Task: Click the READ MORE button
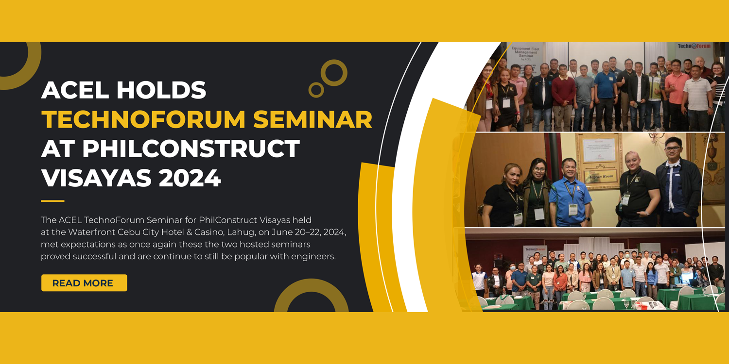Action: [84, 283]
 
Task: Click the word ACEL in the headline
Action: [75, 90]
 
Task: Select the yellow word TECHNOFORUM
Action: [143, 119]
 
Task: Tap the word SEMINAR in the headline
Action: [313, 119]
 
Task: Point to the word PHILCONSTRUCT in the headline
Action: [191, 149]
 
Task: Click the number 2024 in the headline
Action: [190, 178]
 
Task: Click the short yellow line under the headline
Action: [52, 201]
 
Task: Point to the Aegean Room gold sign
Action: [601, 177]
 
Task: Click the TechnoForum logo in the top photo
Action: [694, 46]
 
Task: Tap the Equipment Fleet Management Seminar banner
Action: [525, 54]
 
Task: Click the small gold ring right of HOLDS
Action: [316, 90]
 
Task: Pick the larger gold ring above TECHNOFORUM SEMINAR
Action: [334, 73]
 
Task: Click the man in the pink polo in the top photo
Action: [677, 94]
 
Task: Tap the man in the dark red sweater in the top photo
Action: [563, 98]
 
